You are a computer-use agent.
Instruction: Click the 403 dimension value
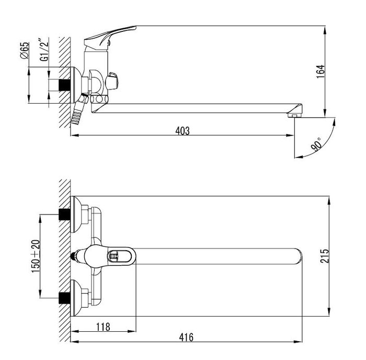[x=182, y=131]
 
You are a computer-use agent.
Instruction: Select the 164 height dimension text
[x=321, y=72]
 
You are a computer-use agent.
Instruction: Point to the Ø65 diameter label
[x=25, y=50]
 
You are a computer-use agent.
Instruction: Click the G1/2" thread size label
[x=44, y=49]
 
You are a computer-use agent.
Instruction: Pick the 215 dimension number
[x=324, y=256]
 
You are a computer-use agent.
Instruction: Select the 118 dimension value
[x=103, y=327]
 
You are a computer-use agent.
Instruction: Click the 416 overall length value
[x=186, y=337]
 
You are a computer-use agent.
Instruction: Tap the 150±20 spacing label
[x=36, y=256]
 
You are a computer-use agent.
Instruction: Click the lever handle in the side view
[x=110, y=35]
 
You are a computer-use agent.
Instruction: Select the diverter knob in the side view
[x=112, y=81]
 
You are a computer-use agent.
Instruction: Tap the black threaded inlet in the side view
[x=64, y=85]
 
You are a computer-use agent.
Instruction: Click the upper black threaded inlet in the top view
[x=64, y=214]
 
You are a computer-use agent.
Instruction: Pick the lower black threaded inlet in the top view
[x=64, y=298]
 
